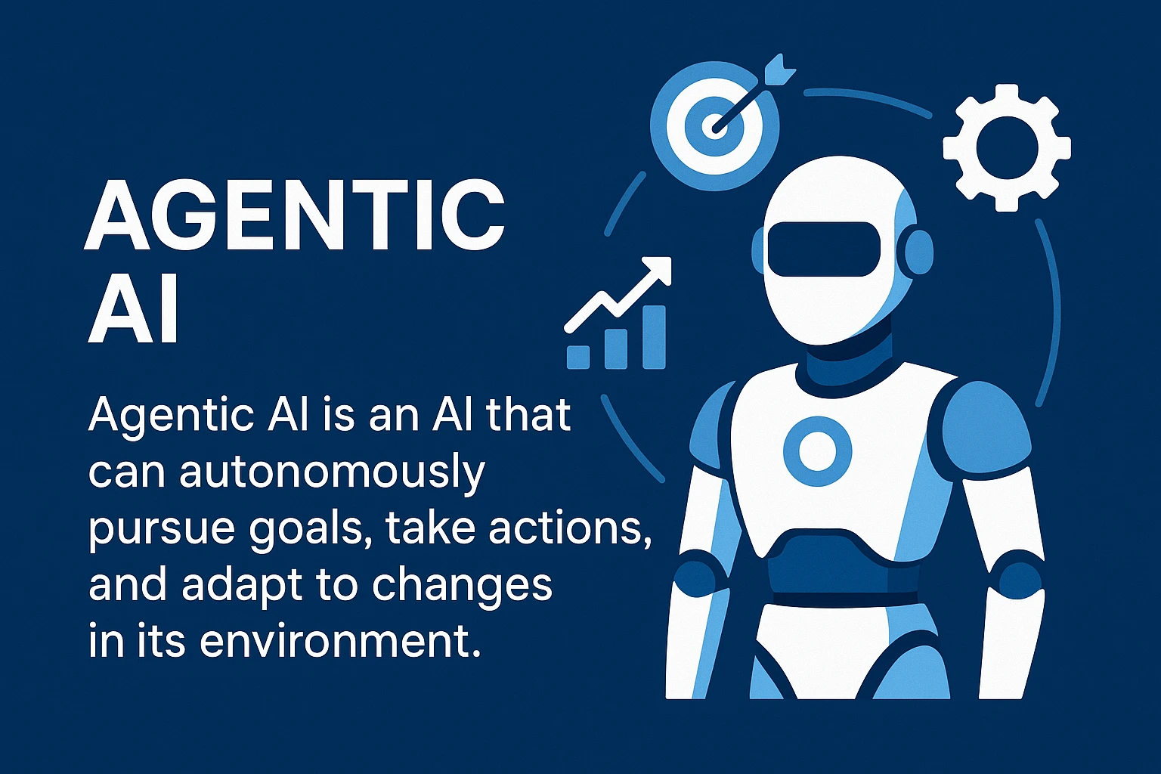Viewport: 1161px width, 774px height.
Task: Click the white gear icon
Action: click(1006, 147)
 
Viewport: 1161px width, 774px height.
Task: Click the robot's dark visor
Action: click(823, 249)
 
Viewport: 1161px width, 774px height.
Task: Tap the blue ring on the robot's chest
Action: click(817, 450)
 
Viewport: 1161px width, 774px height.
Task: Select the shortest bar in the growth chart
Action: click(578, 356)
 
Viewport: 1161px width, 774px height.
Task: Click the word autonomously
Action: click(333, 472)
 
